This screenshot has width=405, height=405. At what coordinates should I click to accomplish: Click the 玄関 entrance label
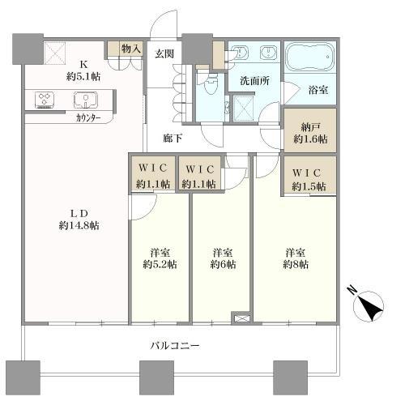(164, 53)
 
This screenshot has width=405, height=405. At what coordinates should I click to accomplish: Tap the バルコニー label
(173, 345)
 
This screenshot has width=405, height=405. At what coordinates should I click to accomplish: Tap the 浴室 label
(317, 92)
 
